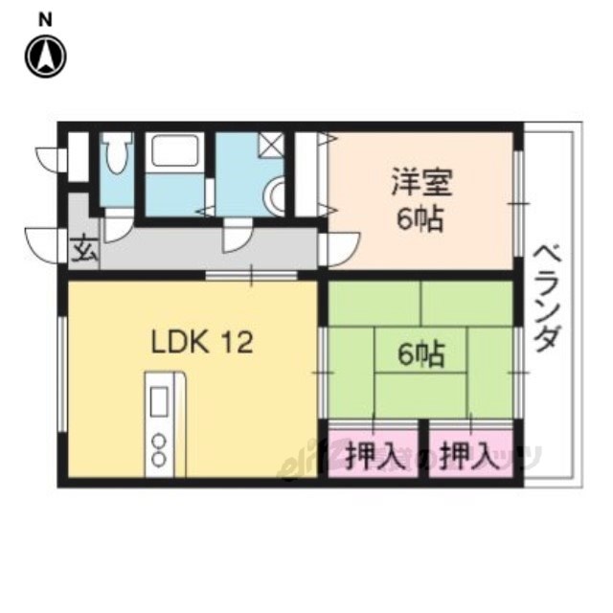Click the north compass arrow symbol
pyautogui.click(x=45, y=57)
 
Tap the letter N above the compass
pyautogui.click(x=45, y=18)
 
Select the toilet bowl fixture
pyautogui.click(x=117, y=157)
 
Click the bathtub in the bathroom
pyautogui.click(x=173, y=154)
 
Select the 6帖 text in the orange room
pyautogui.click(x=420, y=219)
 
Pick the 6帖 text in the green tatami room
pyautogui.click(x=420, y=355)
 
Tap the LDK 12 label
pyautogui.click(x=201, y=342)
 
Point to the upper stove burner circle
pyautogui.click(x=159, y=442)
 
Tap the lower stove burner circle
pyautogui.click(x=159, y=461)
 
